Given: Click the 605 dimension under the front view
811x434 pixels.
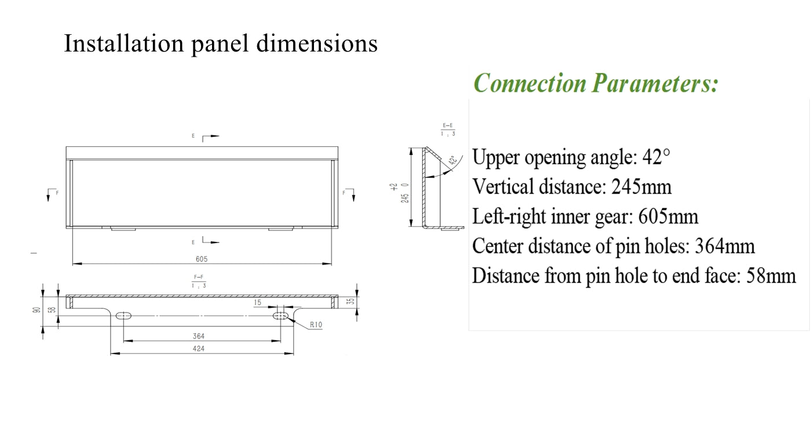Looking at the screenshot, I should click(202, 259).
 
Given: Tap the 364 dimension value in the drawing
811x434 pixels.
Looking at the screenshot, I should click(199, 336).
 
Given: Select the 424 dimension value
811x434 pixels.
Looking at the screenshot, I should click(199, 348).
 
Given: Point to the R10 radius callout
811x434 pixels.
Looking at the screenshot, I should click(316, 325).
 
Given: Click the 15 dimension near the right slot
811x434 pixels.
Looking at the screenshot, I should click(258, 303).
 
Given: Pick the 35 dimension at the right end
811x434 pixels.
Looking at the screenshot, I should click(349, 301).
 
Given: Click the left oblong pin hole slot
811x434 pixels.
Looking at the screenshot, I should click(123, 315).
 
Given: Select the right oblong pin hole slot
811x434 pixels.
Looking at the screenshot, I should click(282, 315).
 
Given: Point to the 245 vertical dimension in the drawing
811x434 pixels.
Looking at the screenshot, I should click(405, 197).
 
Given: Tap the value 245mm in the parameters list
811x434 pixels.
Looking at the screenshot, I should click(643, 187).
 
